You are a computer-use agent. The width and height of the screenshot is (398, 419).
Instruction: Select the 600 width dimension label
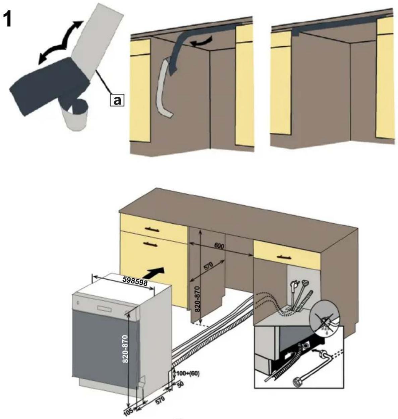click(x=219, y=246)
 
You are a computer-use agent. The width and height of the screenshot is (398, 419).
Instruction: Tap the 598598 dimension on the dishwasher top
click(x=135, y=283)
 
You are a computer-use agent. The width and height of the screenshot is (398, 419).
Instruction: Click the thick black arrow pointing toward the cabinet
click(x=156, y=272)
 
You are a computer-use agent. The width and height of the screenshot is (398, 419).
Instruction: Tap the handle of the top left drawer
click(x=152, y=229)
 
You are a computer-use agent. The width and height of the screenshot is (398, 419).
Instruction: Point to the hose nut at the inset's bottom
click(x=296, y=381)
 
